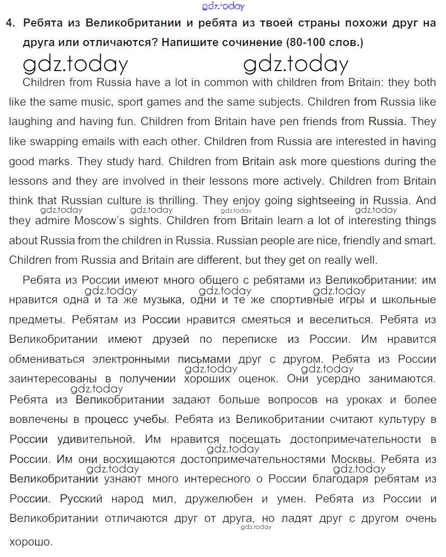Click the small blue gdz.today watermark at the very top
pyautogui.click(x=223, y=6)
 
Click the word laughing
pyautogui.click(x=31, y=122)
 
